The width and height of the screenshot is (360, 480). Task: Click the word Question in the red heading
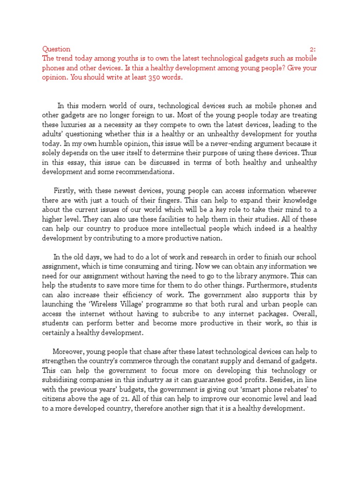tap(56, 49)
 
